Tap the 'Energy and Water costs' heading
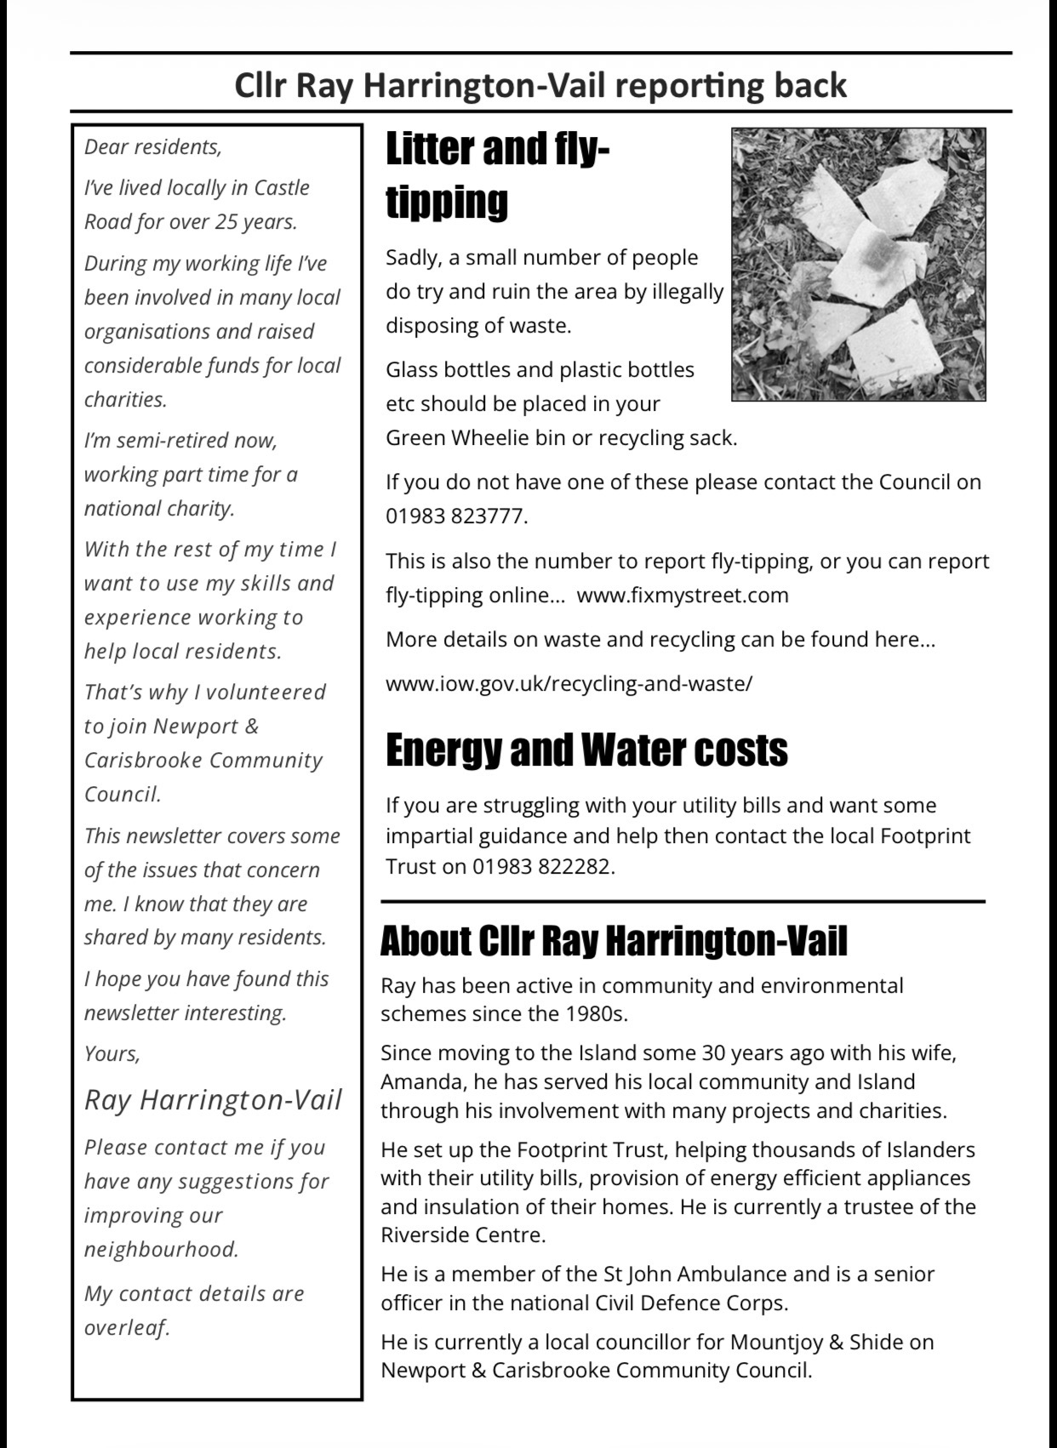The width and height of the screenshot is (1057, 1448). pos(586,750)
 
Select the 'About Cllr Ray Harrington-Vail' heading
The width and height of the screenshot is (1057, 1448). pos(614,941)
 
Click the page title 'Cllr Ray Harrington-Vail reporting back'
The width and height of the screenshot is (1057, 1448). pos(540,85)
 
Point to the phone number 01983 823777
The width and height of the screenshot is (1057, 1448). pos(455,516)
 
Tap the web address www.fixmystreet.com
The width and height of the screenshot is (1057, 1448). pos(683,595)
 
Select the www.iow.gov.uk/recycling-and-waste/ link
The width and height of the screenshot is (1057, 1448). pos(568,684)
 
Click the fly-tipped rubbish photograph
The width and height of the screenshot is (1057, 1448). pos(858,264)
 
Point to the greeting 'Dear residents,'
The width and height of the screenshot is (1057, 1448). pos(152,147)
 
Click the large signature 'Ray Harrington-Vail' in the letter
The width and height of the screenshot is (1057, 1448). pos(213,1100)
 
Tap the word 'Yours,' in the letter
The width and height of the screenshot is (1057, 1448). pos(111,1054)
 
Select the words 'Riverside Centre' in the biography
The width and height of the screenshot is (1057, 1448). pos(462,1235)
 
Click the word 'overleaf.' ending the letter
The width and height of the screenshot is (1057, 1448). pos(127,1328)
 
